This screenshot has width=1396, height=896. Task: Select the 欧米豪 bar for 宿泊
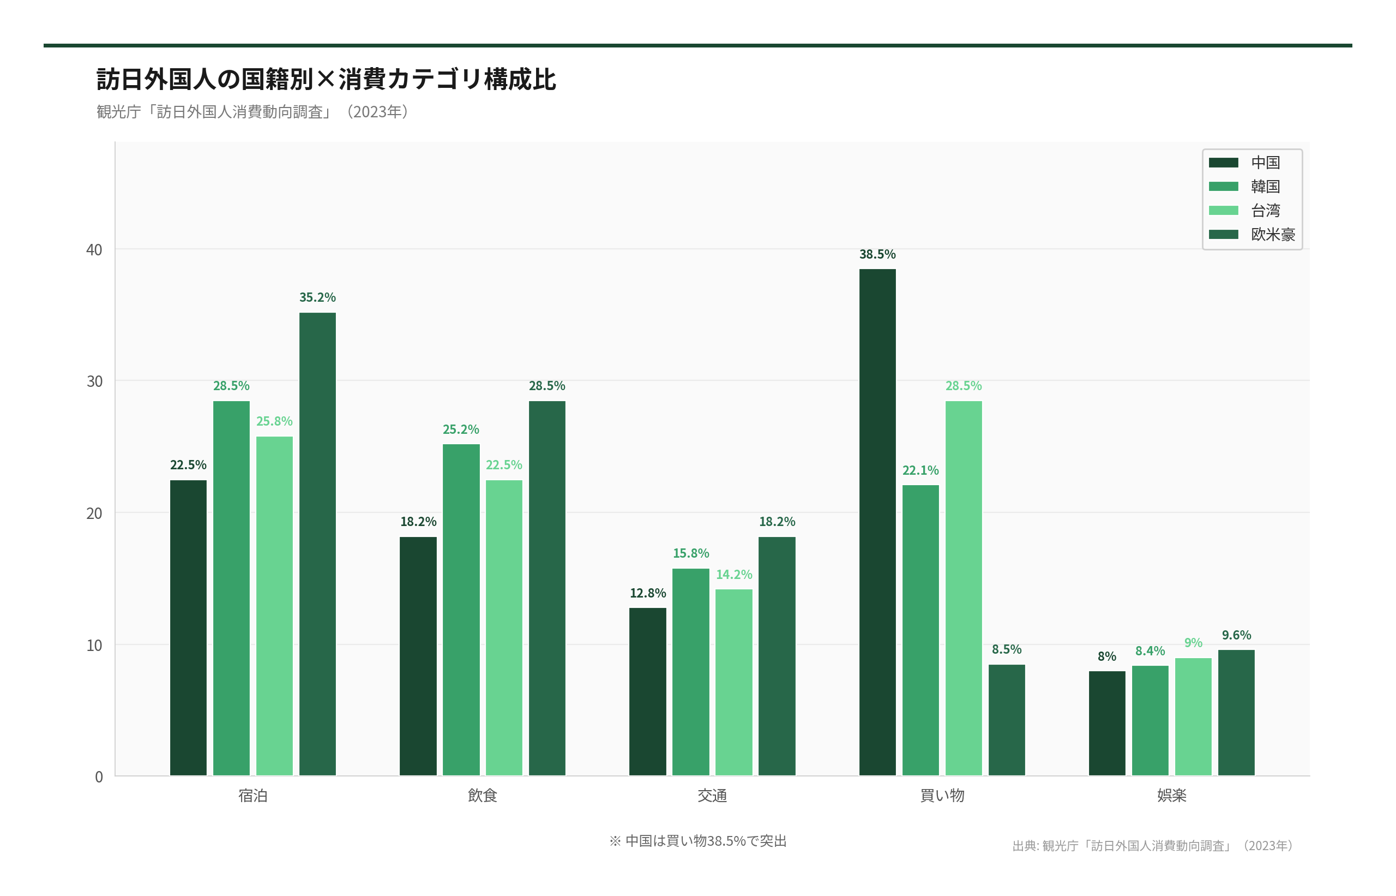[317, 544]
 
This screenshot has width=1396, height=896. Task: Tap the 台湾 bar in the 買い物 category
[964, 588]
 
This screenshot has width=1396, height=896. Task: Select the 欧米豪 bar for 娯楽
[1236, 712]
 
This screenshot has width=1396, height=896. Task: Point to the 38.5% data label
[877, 254]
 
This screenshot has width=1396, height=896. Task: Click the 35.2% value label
[317, 297]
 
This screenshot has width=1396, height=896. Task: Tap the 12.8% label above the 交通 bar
[647, 593]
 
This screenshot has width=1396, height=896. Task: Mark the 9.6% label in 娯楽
[1236, 635]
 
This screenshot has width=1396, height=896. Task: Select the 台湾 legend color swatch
[1223, 211]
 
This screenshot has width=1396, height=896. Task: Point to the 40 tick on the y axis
[94, 249]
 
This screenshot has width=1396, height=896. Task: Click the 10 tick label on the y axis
[94, 645]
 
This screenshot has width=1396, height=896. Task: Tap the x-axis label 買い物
[942, 796]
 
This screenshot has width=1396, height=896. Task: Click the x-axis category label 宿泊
[253, 796]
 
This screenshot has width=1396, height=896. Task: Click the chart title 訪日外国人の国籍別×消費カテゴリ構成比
[326, 79]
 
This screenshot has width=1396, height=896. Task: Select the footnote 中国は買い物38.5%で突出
[697, 841]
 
